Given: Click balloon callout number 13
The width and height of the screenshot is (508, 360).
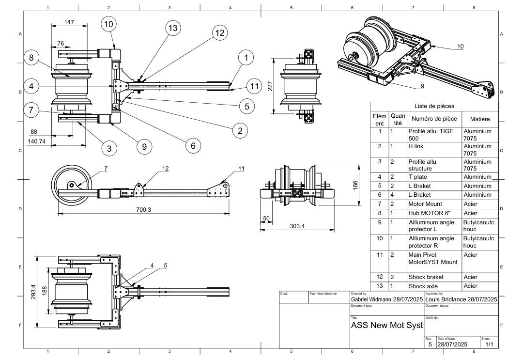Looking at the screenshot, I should tap(172, 28).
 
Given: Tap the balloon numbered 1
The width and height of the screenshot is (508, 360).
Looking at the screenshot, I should tap(246, 58).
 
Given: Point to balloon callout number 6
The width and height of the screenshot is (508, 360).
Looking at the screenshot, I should tap(192, 145).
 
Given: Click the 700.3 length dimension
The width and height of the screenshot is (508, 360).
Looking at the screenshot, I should tap(143, 209).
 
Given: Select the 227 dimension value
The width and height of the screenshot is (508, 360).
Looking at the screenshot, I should tap(271, 86).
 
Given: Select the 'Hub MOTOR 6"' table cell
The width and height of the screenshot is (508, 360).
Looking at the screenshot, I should tap(428, 212).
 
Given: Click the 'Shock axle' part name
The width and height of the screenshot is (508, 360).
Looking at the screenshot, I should tap(423, 286).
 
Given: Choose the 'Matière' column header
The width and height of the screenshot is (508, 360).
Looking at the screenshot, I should tap(477, 119).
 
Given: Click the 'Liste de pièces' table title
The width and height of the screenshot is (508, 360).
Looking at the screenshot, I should tap(434, 106).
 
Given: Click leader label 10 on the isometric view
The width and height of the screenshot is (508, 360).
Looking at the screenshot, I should tap(460, 47).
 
